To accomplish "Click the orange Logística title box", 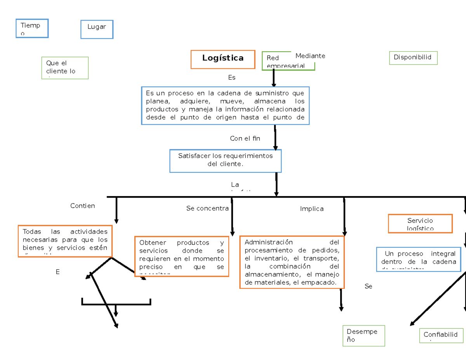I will [223, 59].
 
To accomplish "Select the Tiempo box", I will [32, 28].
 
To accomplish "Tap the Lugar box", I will [97, 30].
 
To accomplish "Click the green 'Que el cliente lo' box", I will [65, 68].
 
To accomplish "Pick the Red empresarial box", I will [288, 61].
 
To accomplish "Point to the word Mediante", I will [310, 56].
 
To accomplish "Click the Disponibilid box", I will [413, 58].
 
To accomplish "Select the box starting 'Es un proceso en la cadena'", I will [225, 106].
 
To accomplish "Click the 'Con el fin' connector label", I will [245, 139].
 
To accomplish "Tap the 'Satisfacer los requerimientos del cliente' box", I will [225, 161].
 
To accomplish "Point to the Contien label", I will [82, 206].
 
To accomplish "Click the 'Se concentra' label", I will [207, 209].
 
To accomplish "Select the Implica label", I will [311, 209].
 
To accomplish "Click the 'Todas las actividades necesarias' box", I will [65, 241].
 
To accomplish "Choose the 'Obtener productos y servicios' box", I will [181, 256].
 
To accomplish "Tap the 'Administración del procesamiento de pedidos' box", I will [292, 262].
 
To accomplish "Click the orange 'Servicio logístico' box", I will [420, 224].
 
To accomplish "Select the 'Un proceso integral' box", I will [418, 259].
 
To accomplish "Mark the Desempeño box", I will [363, 336].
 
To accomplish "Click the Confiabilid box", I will [441, 336].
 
